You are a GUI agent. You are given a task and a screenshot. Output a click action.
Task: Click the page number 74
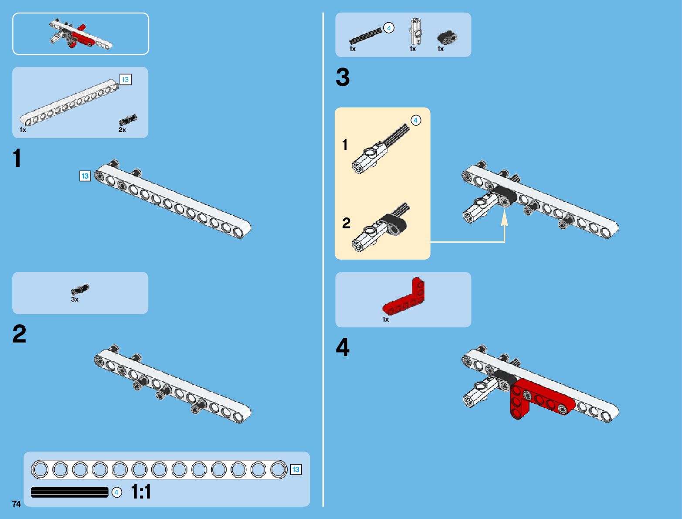click(x=17, y=504)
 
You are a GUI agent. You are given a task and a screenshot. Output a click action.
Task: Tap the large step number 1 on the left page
click(x=17, y=158)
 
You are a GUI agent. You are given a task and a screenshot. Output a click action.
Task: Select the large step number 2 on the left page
click(x=19, y=334)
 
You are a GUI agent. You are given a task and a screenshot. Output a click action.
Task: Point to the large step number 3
click(x=343, y=78)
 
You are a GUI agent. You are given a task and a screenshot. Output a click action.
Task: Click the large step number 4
click(x=343, y=348)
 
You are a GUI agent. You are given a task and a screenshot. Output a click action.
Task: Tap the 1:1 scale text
click(x=141, y=492)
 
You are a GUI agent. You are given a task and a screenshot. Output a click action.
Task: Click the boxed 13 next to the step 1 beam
click(x=85, y=176)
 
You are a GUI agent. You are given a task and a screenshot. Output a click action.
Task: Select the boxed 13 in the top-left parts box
click(x=125, y=79)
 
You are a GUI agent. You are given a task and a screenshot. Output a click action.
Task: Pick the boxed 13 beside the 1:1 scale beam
click(x=295, y=469)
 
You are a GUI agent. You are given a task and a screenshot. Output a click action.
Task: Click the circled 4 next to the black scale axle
click(x=116, y=492)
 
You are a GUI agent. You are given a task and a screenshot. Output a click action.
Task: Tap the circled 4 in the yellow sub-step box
click(x=416, y=120)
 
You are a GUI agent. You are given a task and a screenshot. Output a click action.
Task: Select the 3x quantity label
click(x=75, y=300)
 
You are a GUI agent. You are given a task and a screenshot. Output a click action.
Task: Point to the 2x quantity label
click(x=122, y=130)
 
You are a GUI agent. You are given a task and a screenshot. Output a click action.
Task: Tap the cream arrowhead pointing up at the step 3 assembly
click(x=504, y=217)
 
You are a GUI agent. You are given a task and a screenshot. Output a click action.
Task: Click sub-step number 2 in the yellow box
click(x=346, y=223)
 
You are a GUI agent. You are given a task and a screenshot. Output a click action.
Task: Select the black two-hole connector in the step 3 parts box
click(x=447, y=38)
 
